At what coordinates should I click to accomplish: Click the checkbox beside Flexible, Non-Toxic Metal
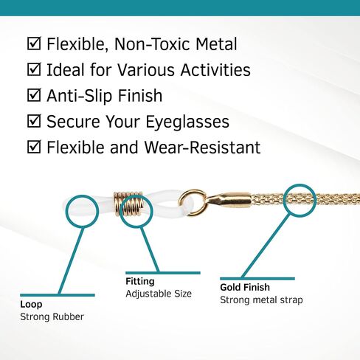click(34, 44)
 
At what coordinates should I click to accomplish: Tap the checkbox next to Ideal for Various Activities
click(34, 69)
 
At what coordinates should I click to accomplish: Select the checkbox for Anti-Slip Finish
click(34, 95)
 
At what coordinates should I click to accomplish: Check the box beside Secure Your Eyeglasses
click(34, 121)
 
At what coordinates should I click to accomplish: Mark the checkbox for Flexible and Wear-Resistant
click(34, 147)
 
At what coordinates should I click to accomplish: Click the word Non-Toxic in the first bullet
click(153, 44)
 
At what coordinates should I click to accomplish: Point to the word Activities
click(215, 70)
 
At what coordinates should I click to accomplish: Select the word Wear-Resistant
click(202, 148)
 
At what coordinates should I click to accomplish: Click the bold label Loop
click(31, 305)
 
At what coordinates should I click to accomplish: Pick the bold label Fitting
click(140, 282)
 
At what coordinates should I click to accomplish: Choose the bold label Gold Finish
click(245, 287)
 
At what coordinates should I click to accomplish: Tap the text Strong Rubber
click(52, 317)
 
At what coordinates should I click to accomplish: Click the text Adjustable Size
click(159, 294)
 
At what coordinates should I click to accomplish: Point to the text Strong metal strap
click(261, 300)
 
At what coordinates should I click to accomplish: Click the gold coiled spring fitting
click(128, 204)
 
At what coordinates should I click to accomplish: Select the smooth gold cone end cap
click(228, 198)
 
